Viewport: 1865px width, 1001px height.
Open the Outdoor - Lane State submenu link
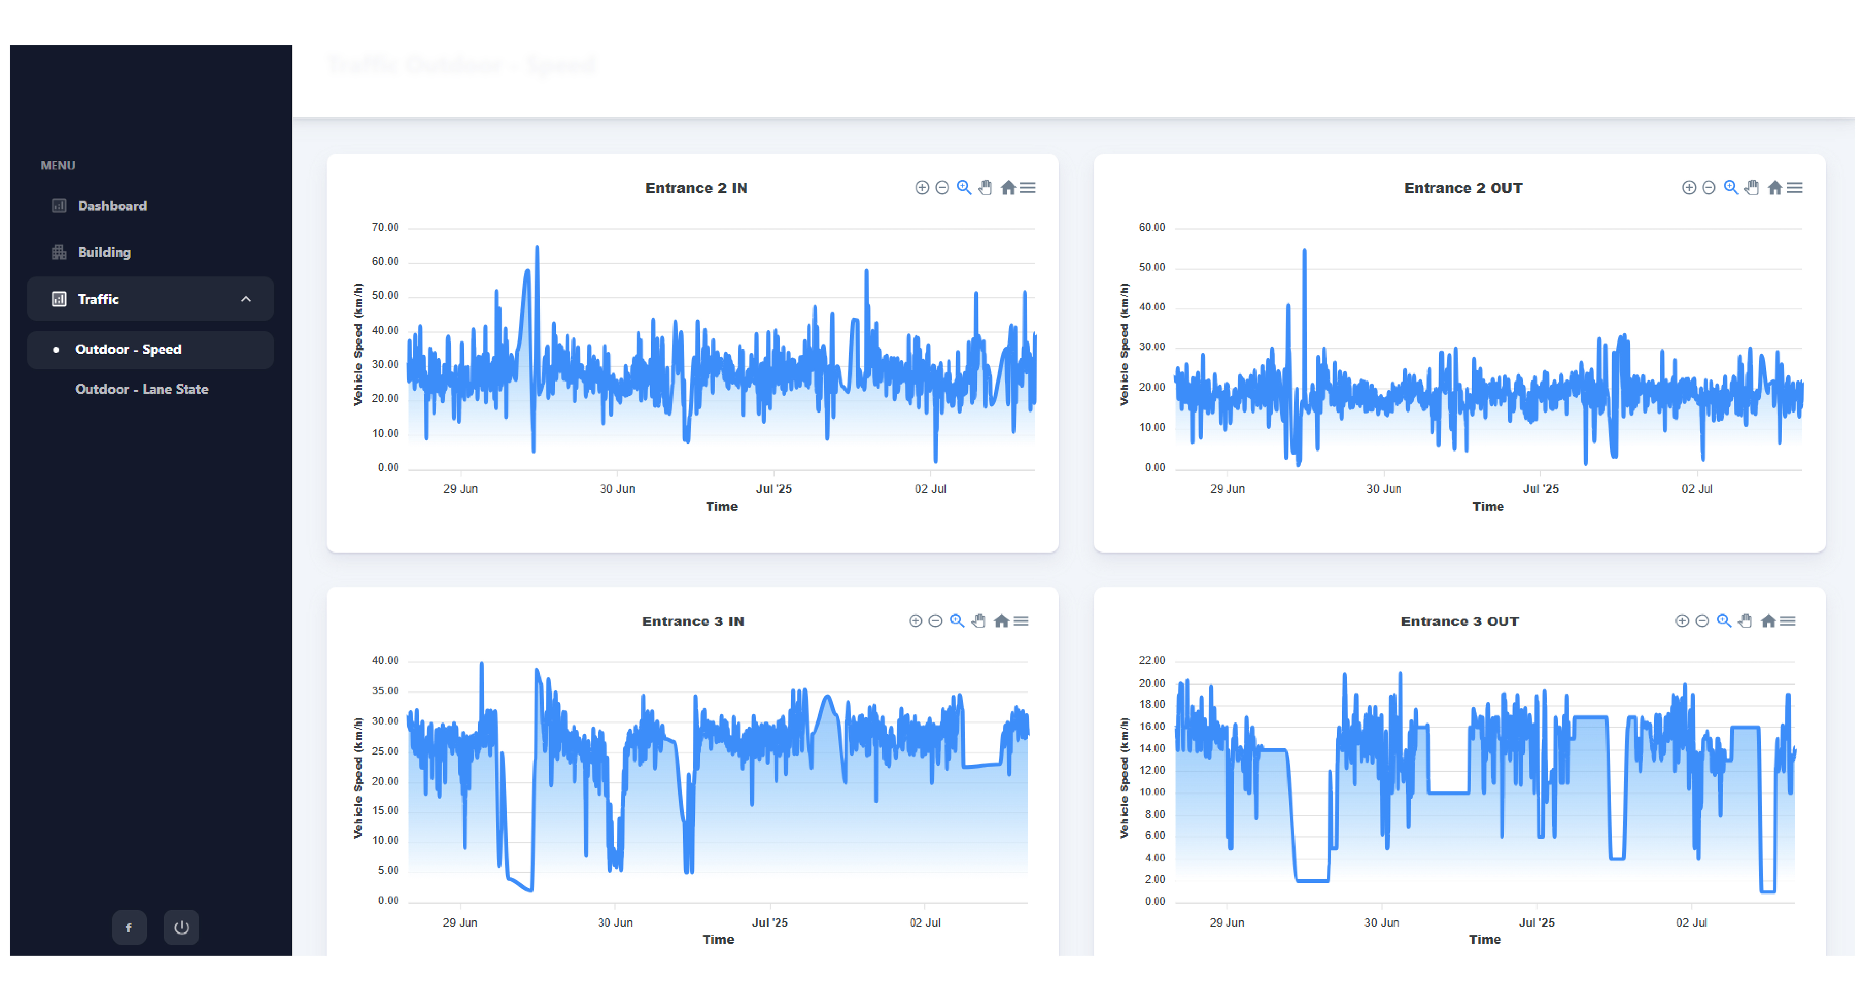[x=142, y=389]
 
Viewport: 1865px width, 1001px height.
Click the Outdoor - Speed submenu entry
[x=128, y=350]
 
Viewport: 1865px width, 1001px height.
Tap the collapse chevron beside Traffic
[x=245, y=299]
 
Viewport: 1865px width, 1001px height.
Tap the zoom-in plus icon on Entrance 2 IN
[x=922, y=188]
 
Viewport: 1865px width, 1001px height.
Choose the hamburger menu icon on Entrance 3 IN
[x=1021, y=622]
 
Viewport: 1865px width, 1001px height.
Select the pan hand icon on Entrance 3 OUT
[x=1745, y=622]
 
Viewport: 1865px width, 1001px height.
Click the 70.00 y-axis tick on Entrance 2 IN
[x=385, y=227]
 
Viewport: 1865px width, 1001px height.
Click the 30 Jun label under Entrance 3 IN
[x=615, y=923]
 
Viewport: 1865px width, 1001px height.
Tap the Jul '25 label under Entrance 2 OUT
[x=1540, y=489]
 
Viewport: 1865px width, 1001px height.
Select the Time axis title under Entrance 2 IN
[x=721, y=507]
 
